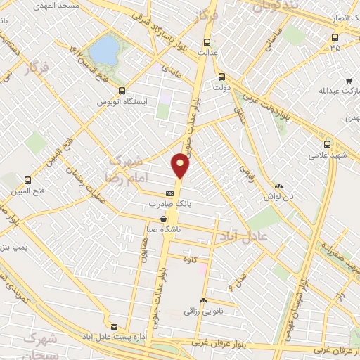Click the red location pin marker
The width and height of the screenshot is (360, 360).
[x=181, y=165]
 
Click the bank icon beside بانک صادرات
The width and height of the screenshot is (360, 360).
[x=169, y=193]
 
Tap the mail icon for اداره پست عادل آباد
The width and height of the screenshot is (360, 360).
[x=114, y=326]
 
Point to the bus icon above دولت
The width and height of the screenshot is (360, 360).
[x=221, y=77]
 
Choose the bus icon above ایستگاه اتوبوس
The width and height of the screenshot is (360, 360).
[x=122, y=91]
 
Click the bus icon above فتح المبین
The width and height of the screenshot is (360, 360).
[x=27, y=180]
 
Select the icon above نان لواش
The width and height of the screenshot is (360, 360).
[x=278, y=185]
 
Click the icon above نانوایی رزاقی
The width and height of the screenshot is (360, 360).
[x=203, y=300]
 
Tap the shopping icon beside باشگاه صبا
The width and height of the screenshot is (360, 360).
[x=163, y=219]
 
